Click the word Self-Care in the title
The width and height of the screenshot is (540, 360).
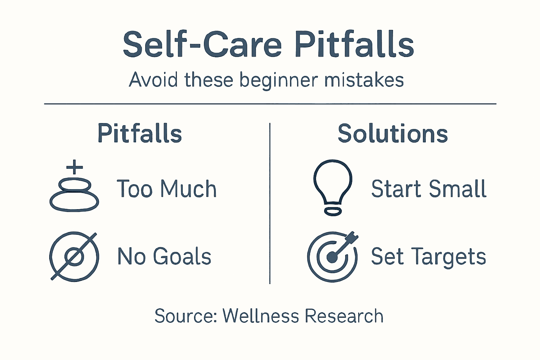pos(202,45)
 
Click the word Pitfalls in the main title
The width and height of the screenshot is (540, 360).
pos(354,45)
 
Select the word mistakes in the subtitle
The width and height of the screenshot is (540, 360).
pos(364,80)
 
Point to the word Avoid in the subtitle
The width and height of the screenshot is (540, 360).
pos(153,80)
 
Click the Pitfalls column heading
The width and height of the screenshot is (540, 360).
pos(140,134)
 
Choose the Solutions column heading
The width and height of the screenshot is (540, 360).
pos(393,134)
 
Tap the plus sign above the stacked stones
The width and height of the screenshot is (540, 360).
pos(75,167)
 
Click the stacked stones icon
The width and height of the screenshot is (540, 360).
pos(74,195)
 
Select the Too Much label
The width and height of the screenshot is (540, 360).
pos(166,189)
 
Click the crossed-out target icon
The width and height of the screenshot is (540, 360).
pos(74,256)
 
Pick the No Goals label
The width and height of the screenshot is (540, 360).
pos(164,256)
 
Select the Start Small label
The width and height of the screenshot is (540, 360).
pos(429,189)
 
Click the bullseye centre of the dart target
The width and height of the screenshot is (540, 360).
pos(332,257)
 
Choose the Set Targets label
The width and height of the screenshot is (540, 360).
pos(428,256)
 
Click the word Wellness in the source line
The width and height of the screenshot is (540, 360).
pos(261,316)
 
